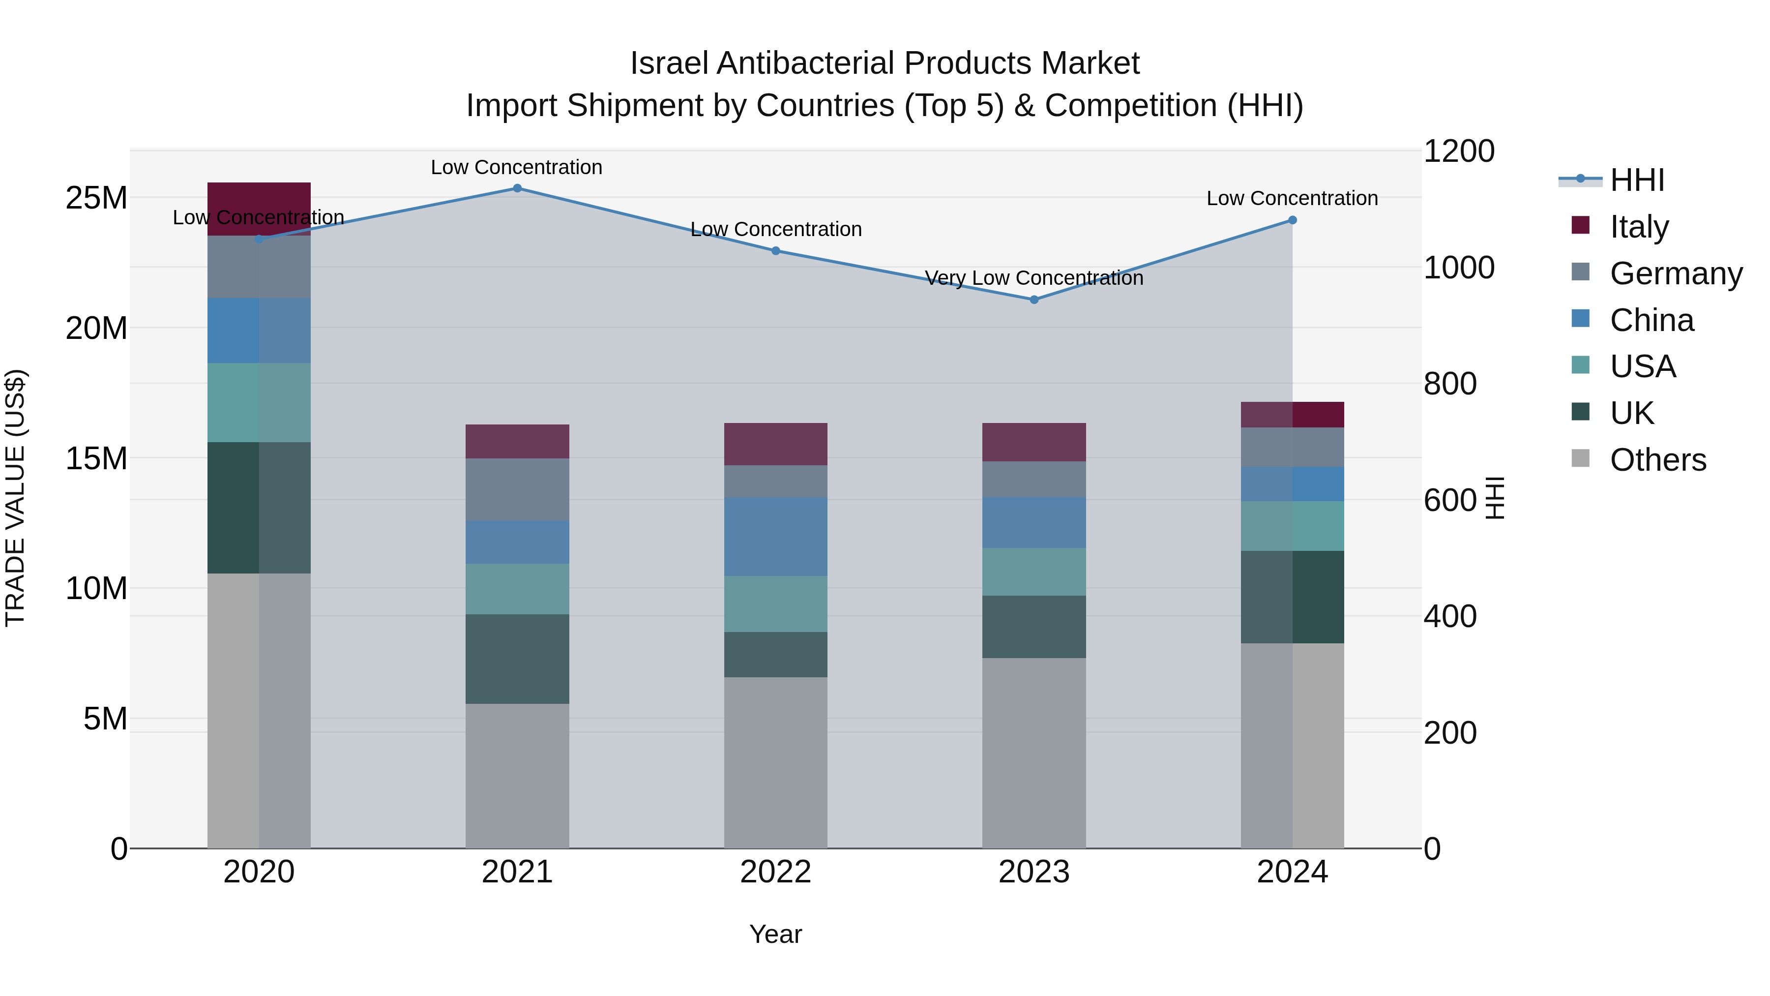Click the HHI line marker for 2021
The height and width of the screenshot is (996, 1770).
pos(517,188)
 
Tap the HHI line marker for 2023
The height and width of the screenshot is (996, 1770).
pos(1034,300)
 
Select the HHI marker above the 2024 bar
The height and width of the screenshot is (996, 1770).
pos(1293,220)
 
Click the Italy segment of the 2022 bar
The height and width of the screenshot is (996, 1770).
pos(776,444)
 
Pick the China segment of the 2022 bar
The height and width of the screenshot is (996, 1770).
pos(776,537)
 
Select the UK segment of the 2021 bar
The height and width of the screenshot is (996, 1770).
pos(517,659)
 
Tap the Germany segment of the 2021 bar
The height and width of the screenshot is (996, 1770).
pos(517,489)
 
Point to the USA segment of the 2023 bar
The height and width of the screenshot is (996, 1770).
pos(1034,572)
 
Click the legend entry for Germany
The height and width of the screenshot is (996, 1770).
pos(1676,273)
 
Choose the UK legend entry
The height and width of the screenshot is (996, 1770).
pos(1631,413)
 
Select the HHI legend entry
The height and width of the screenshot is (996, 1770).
pos(1637,180)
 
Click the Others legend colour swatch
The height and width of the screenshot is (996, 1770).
pos(1580,458)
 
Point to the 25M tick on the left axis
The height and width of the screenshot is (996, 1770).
pos(96,198)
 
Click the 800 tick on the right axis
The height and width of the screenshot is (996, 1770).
pos(1450,384)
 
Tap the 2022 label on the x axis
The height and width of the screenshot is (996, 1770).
pos(776,872)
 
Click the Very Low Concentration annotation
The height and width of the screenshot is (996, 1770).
pos(1034,278)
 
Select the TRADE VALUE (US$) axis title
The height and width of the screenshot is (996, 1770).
pos(15,498)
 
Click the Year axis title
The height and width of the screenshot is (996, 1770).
pos(776,934)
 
